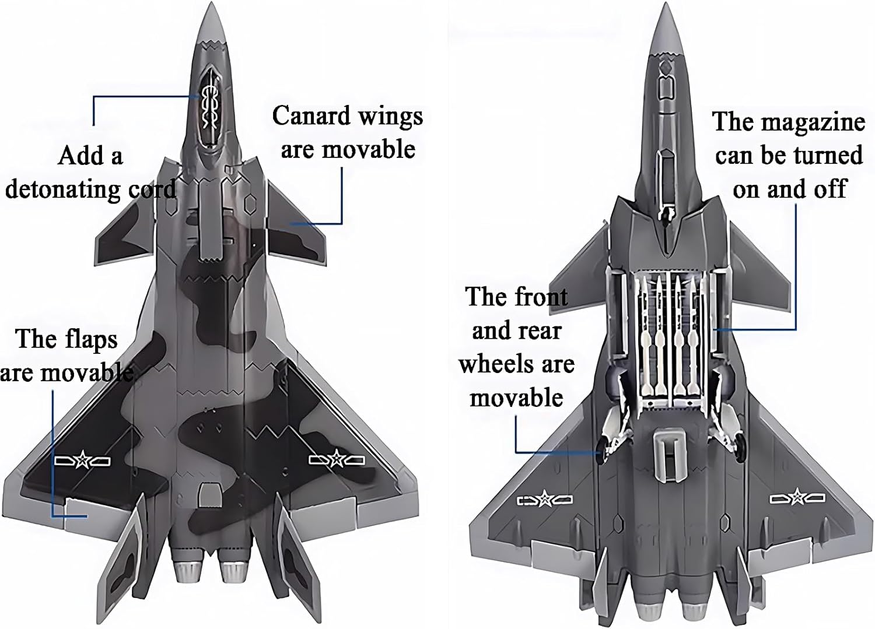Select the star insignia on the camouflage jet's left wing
tap(82, 461)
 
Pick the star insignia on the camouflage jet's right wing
tap(337, 460)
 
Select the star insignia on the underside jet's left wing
tap(545, 500)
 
